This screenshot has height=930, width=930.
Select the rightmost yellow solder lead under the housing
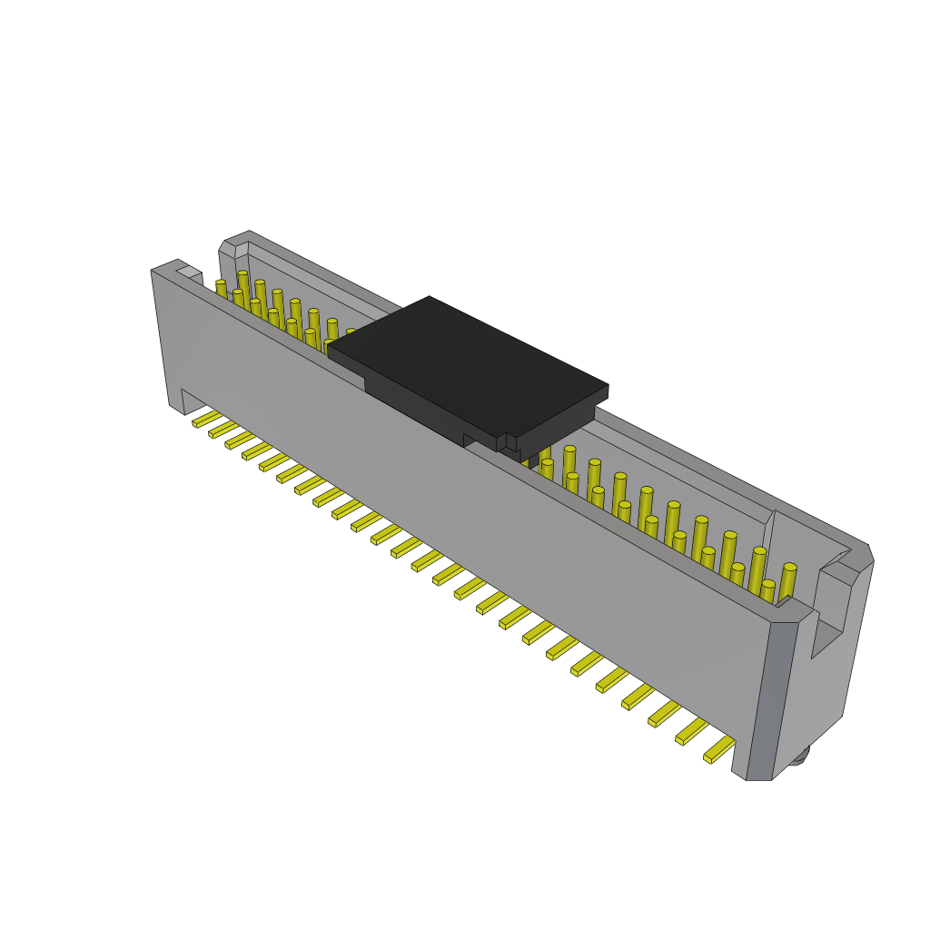(719, 750)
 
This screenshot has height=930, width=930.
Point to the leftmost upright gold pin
(221, 289)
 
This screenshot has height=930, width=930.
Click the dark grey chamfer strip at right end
(772, 699)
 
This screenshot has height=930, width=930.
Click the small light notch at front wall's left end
(189, 272)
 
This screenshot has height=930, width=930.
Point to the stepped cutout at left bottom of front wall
(193, 401)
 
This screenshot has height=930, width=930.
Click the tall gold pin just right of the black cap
(569, 463)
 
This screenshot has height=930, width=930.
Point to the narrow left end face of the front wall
(161, 336)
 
